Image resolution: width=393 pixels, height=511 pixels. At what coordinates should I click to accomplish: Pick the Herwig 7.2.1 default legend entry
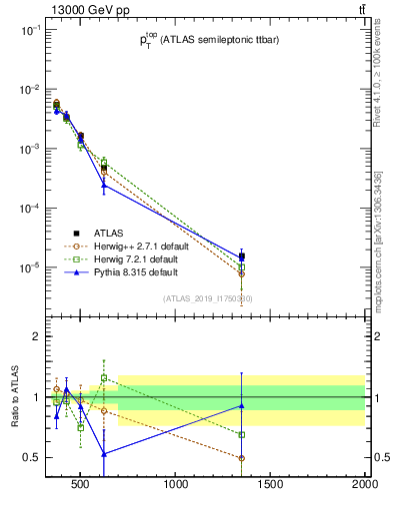coord(118,258)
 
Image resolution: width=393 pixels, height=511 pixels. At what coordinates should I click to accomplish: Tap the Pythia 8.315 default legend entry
coord(113,271)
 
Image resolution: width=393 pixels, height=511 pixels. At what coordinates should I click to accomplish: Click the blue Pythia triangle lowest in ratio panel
coord(104,453)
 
